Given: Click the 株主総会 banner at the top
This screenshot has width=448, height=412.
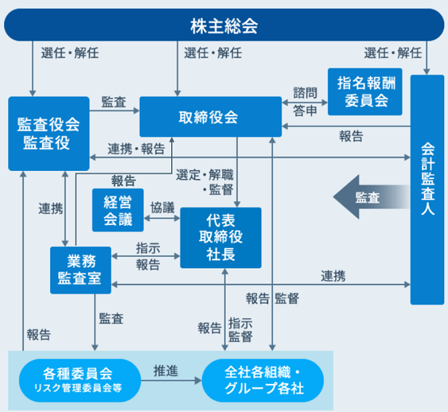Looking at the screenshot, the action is tap(224, 25).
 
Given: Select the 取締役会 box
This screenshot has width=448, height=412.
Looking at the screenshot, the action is tap(211, 117).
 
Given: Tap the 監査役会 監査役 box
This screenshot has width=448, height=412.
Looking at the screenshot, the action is tap(49, 134).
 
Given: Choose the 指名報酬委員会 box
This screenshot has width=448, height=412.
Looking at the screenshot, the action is tap(365, 91).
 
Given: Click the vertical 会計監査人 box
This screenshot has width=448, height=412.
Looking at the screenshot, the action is tap(427, 190).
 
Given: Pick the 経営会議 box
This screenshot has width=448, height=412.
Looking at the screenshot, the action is tap(118, 210).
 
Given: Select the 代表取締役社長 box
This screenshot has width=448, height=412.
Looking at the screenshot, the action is tap(221, 238).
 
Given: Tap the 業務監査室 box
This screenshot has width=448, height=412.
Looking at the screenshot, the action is tap(80, 270).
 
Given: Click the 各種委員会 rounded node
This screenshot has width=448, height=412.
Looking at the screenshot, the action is tap(80, 381).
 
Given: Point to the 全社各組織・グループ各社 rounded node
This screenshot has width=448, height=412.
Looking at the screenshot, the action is tap(263, 381).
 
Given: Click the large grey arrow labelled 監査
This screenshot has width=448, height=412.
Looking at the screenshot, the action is tap(371, 197).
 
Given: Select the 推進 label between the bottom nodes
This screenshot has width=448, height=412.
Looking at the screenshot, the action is tap(166, 371).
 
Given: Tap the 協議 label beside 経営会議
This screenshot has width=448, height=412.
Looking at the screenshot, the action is tap(162, 208).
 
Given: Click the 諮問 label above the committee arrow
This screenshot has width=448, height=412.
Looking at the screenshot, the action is tap(305, 93).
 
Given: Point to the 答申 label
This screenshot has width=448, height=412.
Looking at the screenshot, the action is tap(305, 111).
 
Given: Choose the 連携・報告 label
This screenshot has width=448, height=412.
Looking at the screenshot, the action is tap(136, 149).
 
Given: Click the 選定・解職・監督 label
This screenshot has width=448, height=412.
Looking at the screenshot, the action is tap(205, 182).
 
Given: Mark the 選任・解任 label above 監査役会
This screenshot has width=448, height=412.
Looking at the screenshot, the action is tap(70, 53).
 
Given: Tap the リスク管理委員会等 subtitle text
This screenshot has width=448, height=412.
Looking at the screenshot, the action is tap(78, 388).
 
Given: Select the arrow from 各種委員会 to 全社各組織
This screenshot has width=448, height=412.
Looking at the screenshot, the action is tap(171, 381).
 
